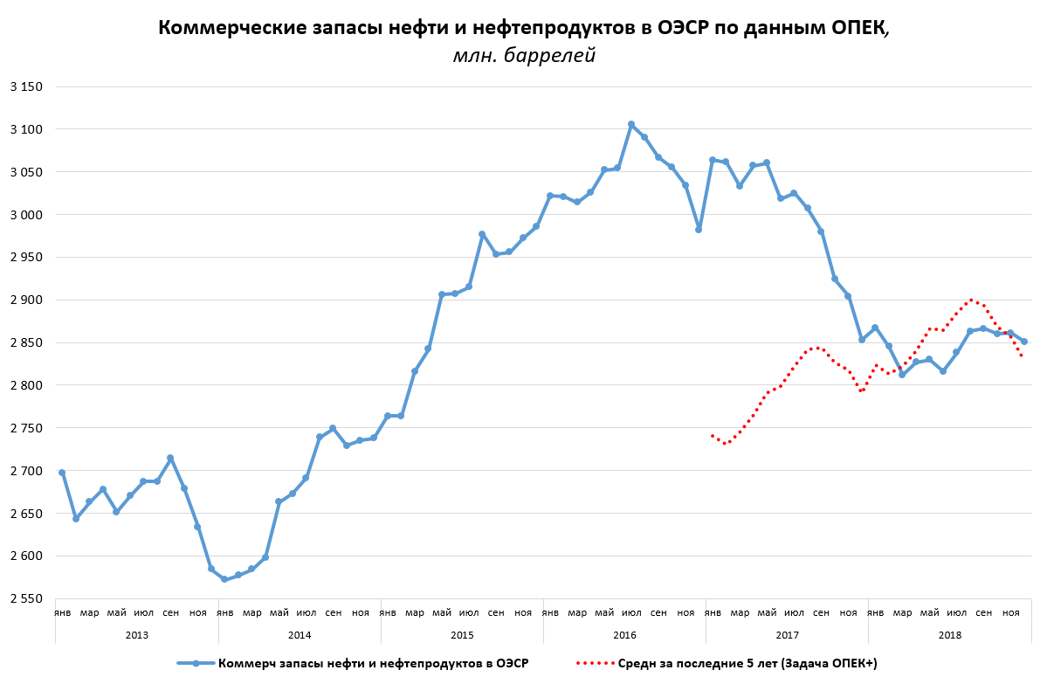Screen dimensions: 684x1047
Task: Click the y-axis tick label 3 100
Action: coord(26,129)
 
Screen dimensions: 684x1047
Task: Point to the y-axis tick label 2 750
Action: coord(26,428)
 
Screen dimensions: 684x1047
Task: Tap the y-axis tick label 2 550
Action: coord(26,599)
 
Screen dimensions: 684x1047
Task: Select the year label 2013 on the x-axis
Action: coord(137,635)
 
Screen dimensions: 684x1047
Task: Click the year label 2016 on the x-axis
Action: coord(624,635)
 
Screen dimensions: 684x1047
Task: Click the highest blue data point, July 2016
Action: coord(631,124)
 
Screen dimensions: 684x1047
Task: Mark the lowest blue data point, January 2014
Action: coord(224,579)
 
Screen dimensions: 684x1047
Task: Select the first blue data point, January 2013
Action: coord(62,473)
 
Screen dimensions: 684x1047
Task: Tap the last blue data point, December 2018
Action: coord(1024,342)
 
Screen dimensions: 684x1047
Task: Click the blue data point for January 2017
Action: coord(713,160)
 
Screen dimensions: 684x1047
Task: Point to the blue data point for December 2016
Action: coord(699,229)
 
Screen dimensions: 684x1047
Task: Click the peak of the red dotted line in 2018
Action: coord(970,300)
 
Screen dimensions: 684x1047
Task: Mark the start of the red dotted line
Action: coord(713,435)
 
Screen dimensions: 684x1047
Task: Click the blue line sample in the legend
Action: coord(196,664)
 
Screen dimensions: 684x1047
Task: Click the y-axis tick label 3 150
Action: coord(26,86)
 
